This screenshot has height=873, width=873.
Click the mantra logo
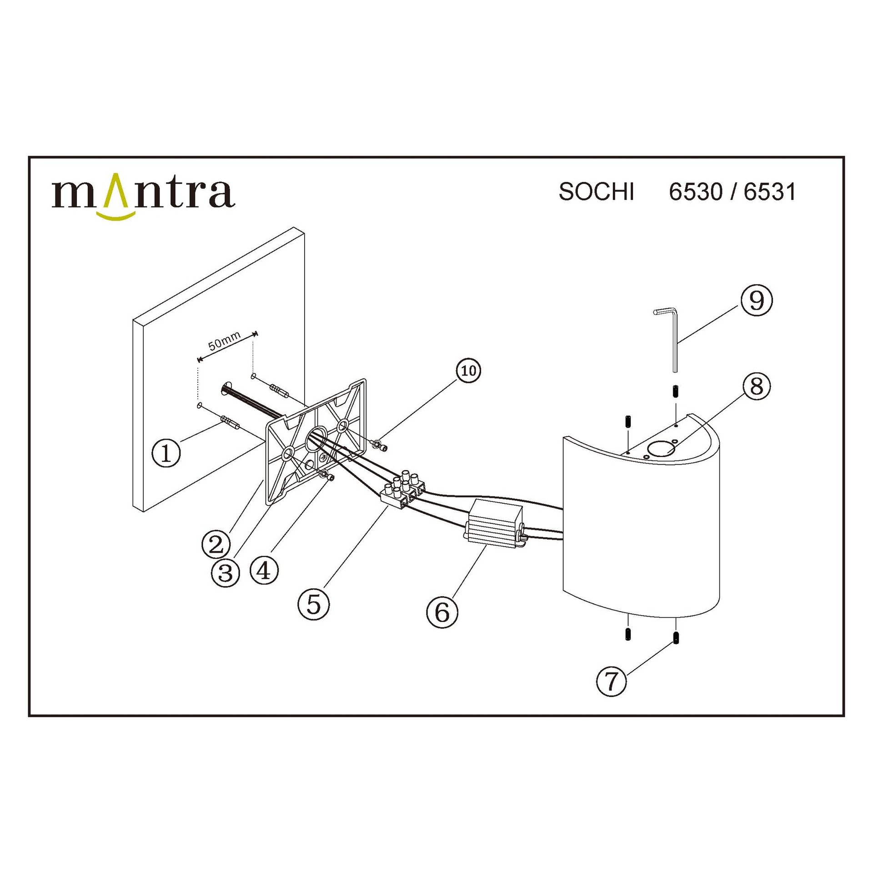(143, 196)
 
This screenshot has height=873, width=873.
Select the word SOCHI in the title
(596, 192)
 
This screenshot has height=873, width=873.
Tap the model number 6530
(696, 192)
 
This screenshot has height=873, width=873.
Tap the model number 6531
(770, 192)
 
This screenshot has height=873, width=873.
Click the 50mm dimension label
(225, 341)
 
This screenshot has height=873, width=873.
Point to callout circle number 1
(166, 453)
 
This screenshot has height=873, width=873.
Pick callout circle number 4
(264, 570)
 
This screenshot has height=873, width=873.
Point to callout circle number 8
(756, 387)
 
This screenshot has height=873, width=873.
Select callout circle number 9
(756, 301)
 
